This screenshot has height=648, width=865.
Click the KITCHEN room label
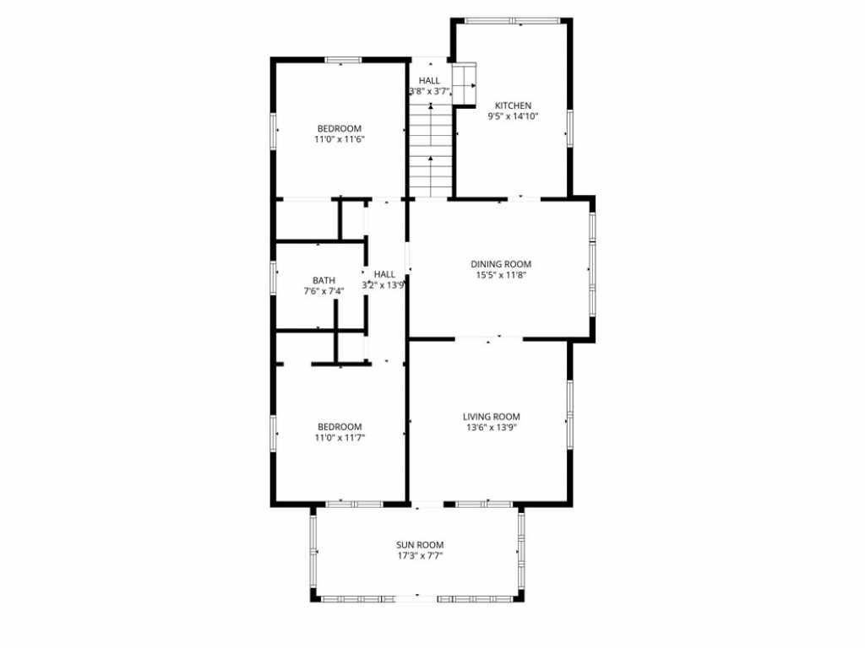coord(513,105)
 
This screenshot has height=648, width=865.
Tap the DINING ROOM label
coord(501,264)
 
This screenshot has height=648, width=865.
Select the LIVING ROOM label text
coord(491,417)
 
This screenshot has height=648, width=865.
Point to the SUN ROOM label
coord(420,545)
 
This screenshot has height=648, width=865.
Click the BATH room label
coord(324,280)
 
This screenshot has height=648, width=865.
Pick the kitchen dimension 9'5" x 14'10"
coord(513,116)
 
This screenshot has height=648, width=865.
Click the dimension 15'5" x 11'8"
coord(501,276)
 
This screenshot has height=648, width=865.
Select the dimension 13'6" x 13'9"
coord(491,428)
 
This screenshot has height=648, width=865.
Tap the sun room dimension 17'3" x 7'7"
coord(420,556)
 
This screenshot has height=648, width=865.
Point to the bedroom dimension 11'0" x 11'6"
coord(340,140)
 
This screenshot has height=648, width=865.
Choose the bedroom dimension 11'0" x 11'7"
coord(340,438)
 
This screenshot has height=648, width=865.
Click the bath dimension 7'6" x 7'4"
coord(324,291)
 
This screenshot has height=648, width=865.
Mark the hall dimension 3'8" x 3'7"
coord(430,92)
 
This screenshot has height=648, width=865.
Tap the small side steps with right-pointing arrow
coord(464,84)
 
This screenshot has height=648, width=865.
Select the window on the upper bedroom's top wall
coord(343,60)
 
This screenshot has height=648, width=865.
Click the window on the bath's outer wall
coord(273,277)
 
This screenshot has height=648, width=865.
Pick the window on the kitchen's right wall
coord(570,128)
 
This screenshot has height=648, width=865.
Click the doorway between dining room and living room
coord(489,337)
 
